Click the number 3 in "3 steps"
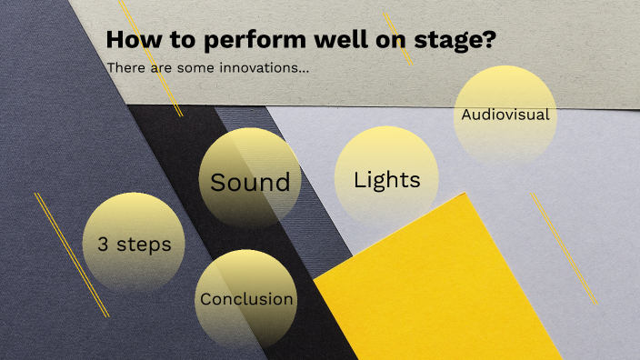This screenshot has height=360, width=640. pyautogui.click(x=101, y=245)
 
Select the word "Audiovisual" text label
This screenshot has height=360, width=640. pyautogui.click(x=505, y=115)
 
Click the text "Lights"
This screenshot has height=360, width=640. pyautogui.click(x=386, y=180)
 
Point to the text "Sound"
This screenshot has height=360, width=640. pyautogui.click(x=250, y=182)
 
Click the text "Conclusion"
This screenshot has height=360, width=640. pyautogui.click(x=246, y=299)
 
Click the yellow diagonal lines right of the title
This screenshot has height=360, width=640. pyautogui.click(x=398, y=38)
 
